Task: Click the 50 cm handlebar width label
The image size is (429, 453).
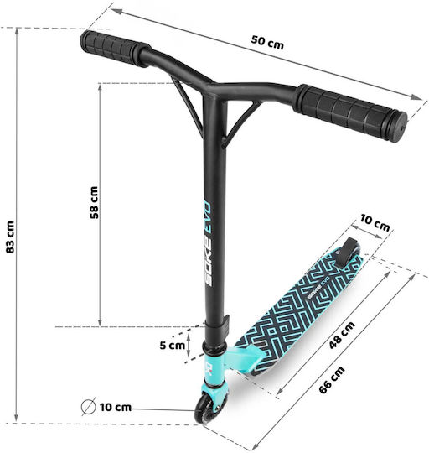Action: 267,43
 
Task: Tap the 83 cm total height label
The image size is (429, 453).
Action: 10,237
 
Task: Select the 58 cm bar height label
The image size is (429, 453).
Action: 94,202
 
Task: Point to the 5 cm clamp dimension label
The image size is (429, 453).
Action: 173,345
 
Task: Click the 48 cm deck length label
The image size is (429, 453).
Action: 342,335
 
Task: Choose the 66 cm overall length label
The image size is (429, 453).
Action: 332,380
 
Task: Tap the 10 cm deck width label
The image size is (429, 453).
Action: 375,223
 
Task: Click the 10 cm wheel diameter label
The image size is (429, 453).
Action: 116,408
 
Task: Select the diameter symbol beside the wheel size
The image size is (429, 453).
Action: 88,407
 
